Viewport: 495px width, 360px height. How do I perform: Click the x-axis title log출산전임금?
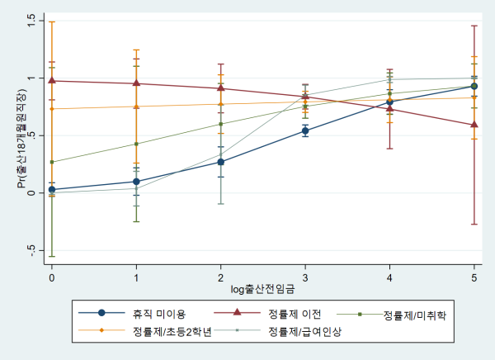262,291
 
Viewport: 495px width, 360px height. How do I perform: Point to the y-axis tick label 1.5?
31,21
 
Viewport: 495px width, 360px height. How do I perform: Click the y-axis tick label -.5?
31,251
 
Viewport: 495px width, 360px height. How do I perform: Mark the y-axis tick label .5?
31,135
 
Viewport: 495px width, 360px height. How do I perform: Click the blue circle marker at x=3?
305,130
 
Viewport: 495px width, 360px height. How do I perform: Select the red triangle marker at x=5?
474,125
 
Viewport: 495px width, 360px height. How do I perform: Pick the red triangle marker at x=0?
52,80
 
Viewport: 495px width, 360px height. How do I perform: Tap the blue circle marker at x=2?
221,162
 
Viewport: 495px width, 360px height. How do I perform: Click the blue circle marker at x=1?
136,181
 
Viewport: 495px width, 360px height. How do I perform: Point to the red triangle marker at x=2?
221,88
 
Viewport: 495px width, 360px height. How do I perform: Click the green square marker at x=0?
52,162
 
